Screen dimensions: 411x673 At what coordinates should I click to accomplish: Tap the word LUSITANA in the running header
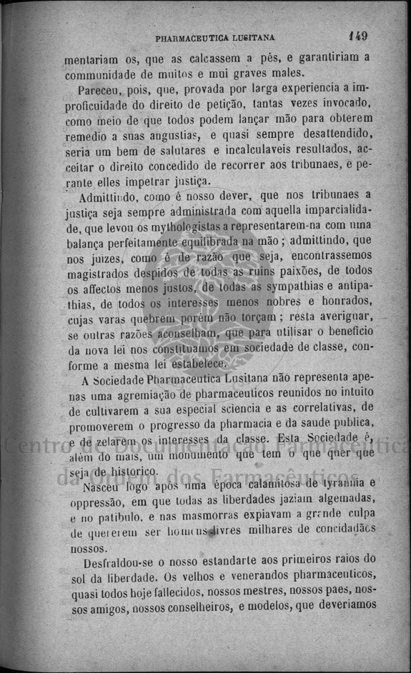[251, 38]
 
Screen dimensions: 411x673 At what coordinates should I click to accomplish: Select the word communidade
[98, 74]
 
